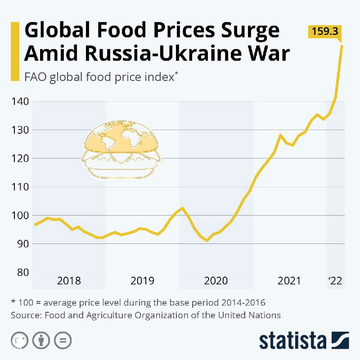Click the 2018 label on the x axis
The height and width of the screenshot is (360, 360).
69,281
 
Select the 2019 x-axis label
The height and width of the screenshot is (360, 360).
142,281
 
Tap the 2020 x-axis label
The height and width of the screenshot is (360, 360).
216,281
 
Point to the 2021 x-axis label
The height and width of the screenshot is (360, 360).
289,281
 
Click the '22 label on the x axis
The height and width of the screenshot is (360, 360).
335,281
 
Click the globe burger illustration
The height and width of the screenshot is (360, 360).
121,151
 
